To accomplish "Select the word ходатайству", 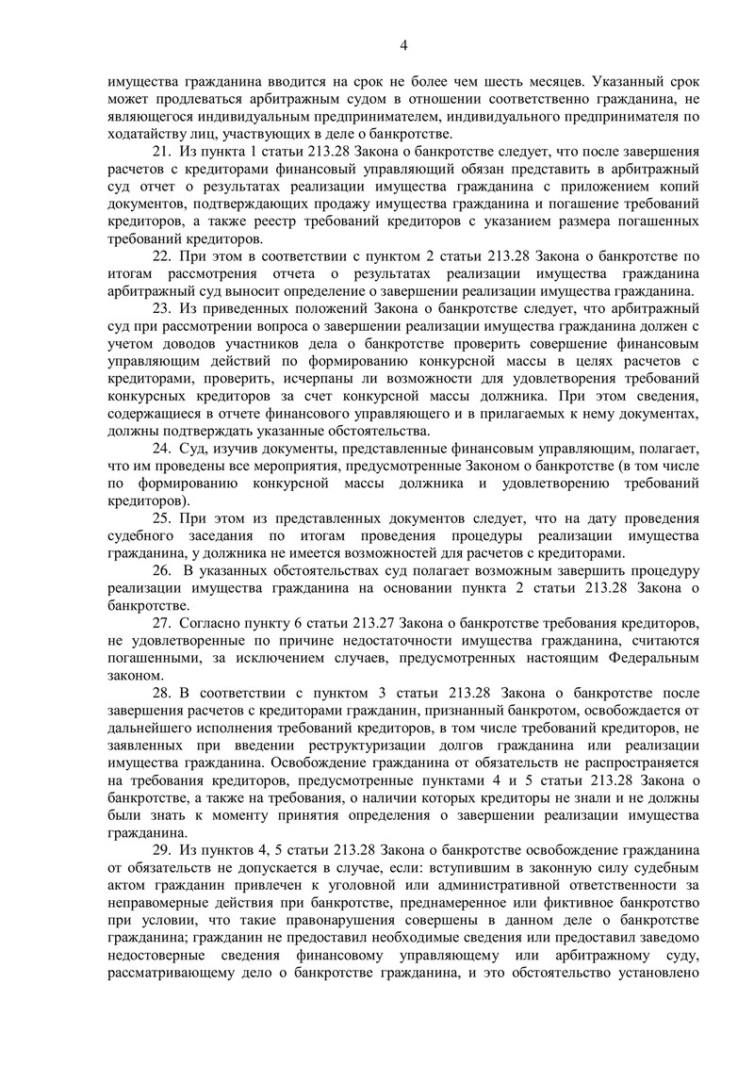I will (144, 134).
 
